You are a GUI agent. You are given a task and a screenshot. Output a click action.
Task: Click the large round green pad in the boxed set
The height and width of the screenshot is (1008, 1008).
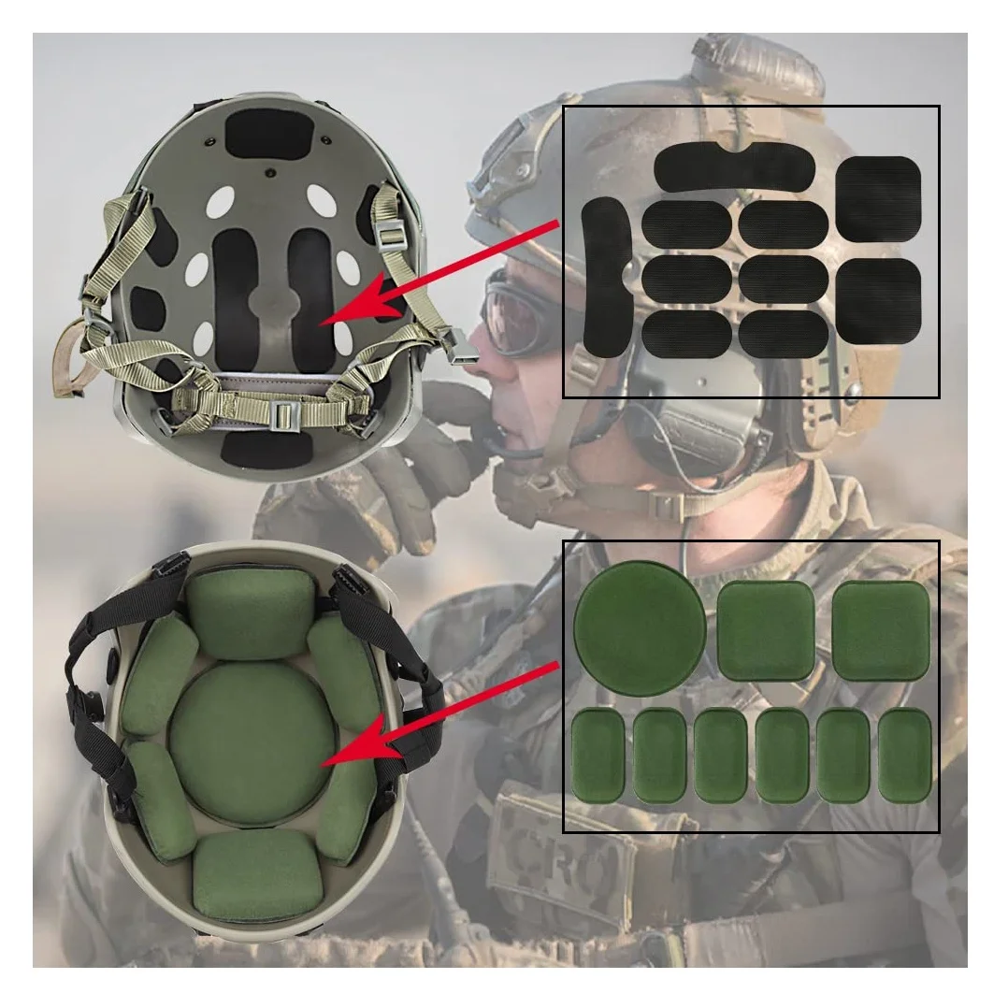(x=639, y=626)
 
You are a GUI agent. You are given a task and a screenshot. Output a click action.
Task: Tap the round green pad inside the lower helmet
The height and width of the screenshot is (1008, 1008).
(x=251, y=743)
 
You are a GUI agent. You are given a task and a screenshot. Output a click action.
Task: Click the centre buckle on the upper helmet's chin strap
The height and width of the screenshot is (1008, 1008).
(x=281, y=417)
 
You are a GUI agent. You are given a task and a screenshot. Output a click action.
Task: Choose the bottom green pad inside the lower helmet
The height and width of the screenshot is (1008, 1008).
(x=256, y=874)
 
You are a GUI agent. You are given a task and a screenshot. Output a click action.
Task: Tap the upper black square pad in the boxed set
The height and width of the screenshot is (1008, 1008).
(x=878, y=196)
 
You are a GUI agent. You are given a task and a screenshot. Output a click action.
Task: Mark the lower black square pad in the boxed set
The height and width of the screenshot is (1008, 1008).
(x=878, y=299)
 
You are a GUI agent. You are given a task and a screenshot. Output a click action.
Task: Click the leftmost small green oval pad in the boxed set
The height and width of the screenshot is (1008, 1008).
(x=598, y=756)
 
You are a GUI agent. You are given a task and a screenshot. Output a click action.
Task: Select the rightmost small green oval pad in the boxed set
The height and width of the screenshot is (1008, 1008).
(x=904, y=756)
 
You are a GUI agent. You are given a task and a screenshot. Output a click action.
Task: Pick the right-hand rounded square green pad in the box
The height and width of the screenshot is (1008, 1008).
(x=881, y=630)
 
